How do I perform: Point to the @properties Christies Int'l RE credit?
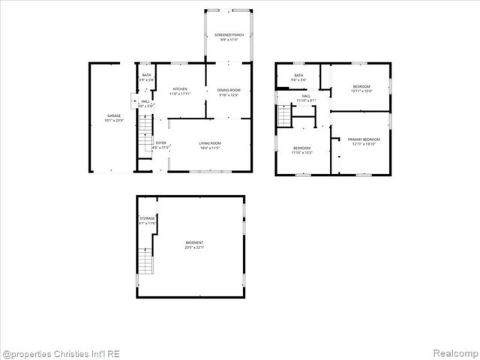61,353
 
